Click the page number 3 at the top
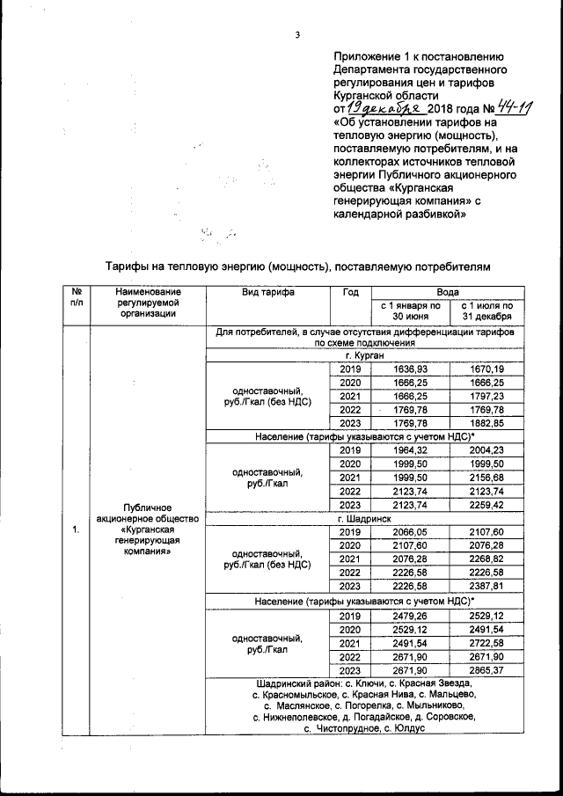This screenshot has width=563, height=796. point(297,35)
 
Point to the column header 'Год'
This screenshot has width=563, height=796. point(349,292)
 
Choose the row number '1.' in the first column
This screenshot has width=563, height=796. point(77,529)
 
